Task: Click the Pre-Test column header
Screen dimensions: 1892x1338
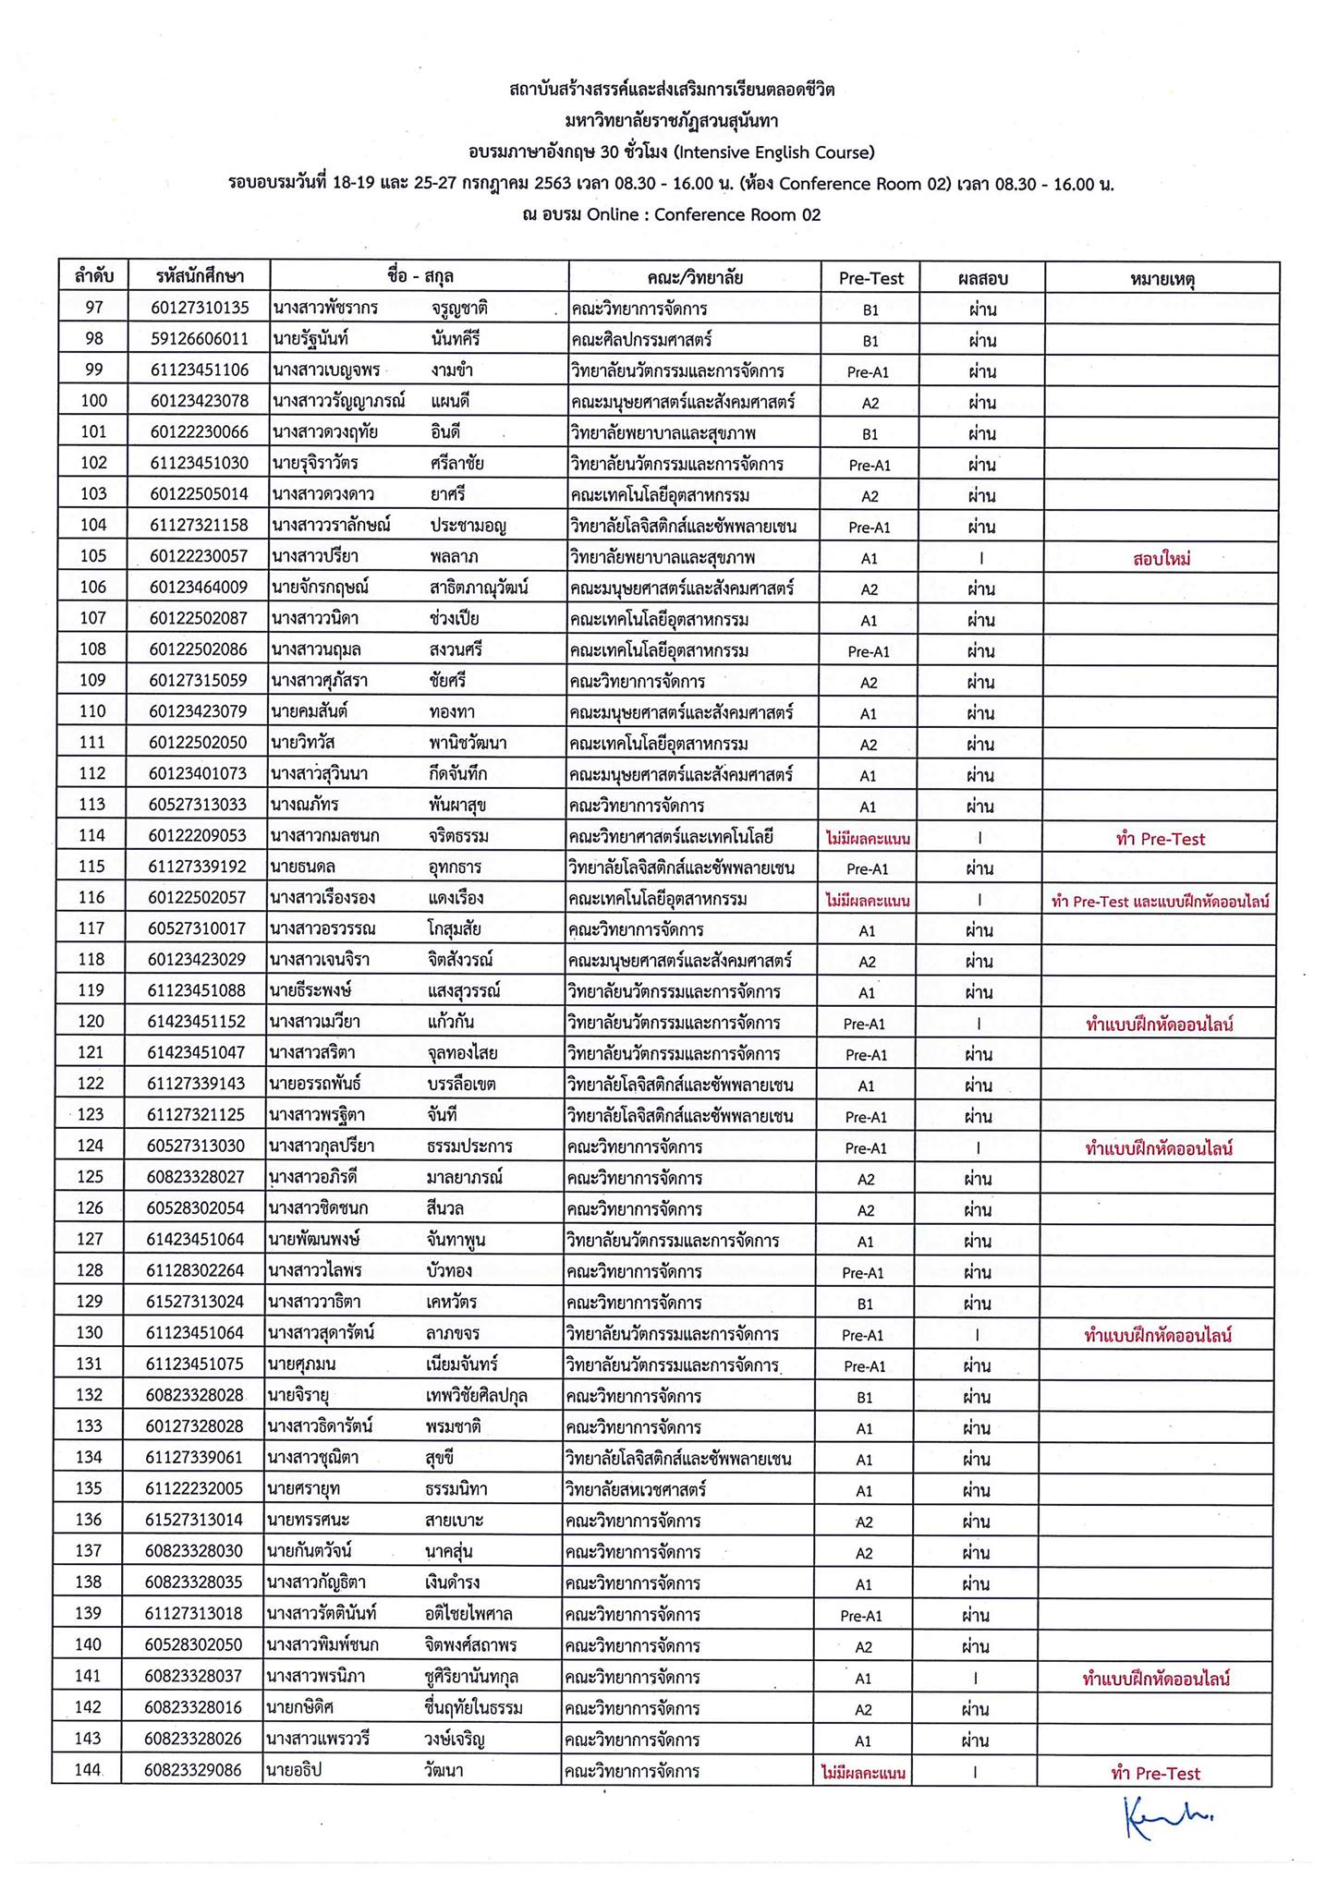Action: (x=870, y=278)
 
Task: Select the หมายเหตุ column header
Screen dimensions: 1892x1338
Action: (x=1162, y=278)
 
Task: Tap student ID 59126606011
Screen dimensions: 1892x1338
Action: (x=200, y=339)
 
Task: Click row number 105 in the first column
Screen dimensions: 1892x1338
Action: (x=94, y=556)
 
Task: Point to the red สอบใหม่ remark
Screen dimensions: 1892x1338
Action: (x=1161, y=559)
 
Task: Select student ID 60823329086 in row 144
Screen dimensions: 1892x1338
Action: (x=193, y=1771)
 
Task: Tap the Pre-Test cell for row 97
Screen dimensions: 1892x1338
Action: (x=870, y=310)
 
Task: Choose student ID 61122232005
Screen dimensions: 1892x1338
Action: (x=195, y=1489)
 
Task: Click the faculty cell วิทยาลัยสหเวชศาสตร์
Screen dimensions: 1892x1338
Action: (x=637, y=1489)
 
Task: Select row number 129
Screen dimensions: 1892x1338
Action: (x=91, y=1303)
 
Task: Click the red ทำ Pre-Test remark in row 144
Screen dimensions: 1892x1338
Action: (x=1155, y=1773)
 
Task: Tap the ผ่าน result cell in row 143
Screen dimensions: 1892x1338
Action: (x=976, y=1740)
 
